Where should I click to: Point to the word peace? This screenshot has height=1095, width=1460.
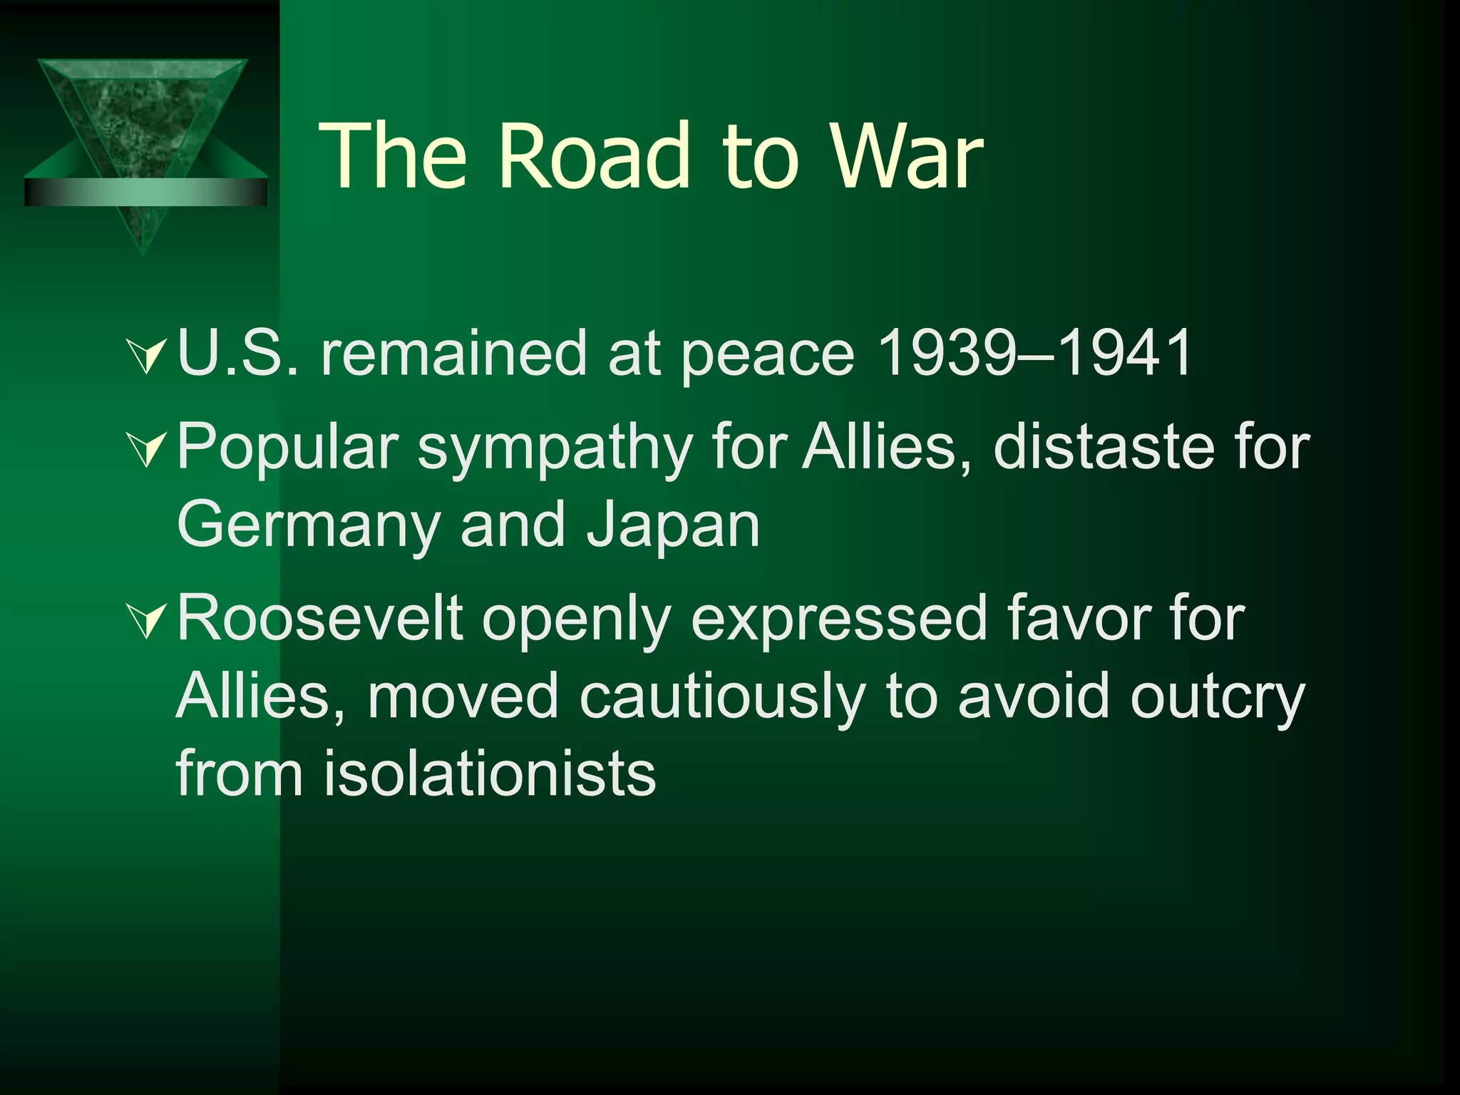pyautogui.click(x=767, y=354)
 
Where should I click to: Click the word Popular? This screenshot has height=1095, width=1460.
pyautogui.click(x=287, y=447)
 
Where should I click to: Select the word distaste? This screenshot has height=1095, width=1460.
pyautogui.click(x=1103, y=447)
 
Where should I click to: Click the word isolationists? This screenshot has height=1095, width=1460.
pyautogui.click(x=490, y=774)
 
